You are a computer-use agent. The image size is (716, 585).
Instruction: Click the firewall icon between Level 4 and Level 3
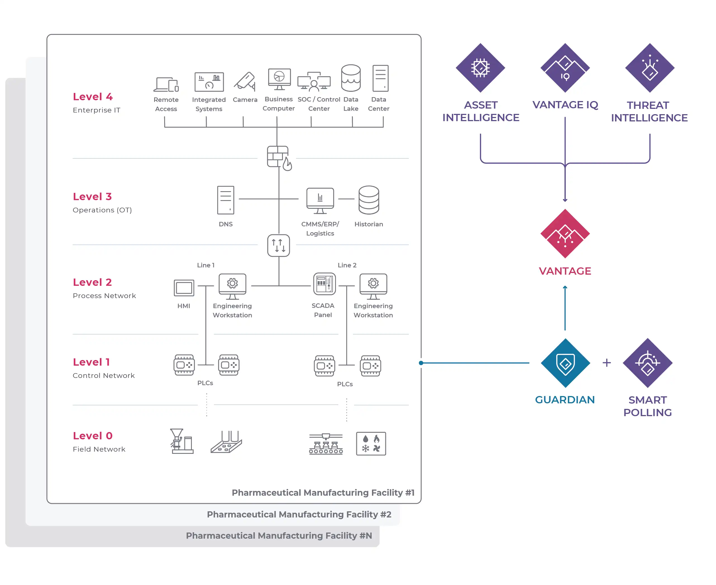tap(279, 157)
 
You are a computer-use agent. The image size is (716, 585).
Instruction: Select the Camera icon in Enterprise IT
tap(245, 82)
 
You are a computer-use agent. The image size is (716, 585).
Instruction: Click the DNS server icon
tap(226, 200)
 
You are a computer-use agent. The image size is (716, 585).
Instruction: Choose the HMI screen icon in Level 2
tap(184, 288)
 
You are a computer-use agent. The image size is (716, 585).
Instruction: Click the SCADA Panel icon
tap(324, 284)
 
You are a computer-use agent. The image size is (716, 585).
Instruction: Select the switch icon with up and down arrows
tap(278, 245)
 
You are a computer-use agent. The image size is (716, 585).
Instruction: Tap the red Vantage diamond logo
tap(565, 234)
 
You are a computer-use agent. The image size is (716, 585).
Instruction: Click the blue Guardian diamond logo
tap(565, 363)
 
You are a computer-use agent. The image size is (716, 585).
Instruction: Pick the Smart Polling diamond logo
tap(647, 363)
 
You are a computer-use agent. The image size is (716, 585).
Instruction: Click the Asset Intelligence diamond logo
tap(480, 68)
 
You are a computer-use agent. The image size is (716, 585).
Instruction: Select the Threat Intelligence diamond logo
tap(649, 68)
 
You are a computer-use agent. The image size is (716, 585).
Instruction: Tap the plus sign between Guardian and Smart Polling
tap(607, 363)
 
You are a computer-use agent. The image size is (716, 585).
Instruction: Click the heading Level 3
tap(92, 196)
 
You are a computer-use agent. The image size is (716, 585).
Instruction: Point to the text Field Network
tap(99, 449)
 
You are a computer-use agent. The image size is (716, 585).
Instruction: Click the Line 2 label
tap(347, 265)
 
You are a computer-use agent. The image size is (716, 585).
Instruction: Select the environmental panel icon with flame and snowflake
tap(371, 443)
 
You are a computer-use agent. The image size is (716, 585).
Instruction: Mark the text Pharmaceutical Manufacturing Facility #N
tap(279, 536)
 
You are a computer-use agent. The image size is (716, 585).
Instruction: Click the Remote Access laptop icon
tap(166, 84)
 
